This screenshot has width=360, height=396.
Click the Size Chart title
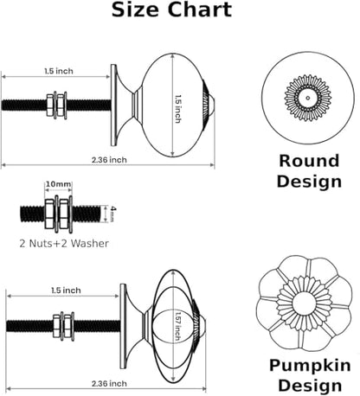[x=171, y=10]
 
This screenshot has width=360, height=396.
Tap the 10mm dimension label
[x=58, y=184]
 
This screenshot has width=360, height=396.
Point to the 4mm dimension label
[x=113, y=214]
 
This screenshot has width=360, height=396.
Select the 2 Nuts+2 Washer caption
[x=64, y=244]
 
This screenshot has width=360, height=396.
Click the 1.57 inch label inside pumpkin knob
[x=178, y=326]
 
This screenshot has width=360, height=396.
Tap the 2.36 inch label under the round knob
[x=109, y=160]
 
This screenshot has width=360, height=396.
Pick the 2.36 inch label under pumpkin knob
[x=109, y=384]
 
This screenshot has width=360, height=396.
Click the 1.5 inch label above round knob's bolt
[x=59, y=71]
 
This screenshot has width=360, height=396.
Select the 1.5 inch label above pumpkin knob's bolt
[x=66, y=291]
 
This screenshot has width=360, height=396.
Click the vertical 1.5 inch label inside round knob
[x=178, y=109]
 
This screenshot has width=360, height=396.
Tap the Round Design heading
[x=309, y=171]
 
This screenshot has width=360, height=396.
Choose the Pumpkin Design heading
[x=310, y=375]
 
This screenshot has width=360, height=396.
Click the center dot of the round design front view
[x=308, y=98]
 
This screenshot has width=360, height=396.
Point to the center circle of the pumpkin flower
[x=305, y=303]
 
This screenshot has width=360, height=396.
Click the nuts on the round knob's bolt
[x=56, y=105]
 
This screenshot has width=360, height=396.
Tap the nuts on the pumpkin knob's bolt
[x=63, y=326]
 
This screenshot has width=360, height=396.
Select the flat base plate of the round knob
[x=114, y=105]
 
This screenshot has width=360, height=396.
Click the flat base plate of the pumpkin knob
[x=123, y=326]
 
